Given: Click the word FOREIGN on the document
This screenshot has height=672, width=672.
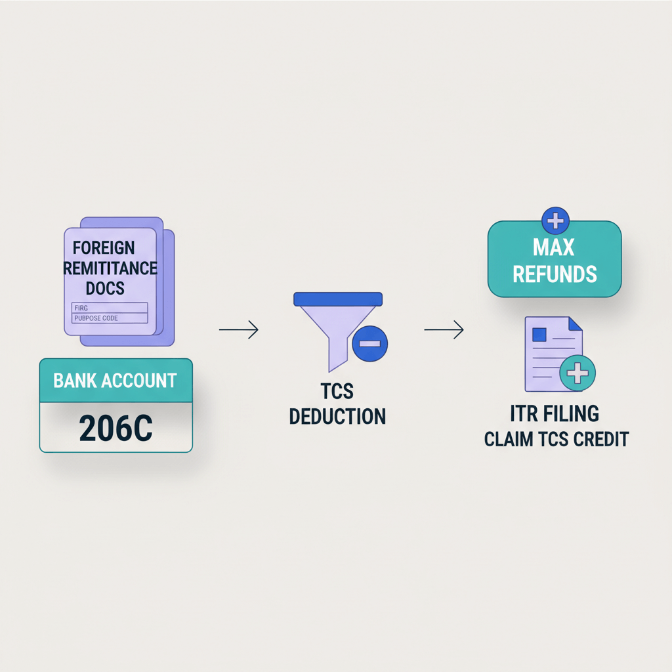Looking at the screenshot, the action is click(x=104, y=248).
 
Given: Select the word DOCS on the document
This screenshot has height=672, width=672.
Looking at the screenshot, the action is click(x=105, y=288).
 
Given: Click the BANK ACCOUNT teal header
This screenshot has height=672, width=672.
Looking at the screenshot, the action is click(x=115, y=381).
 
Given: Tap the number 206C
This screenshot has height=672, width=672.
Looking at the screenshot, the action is click(x=115, y=427).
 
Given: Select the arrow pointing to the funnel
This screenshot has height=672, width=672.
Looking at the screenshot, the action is click(x=239, y=330).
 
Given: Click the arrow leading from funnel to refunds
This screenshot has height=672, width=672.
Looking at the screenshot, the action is click(x=444, y=330).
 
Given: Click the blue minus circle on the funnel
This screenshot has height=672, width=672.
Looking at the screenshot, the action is click(x=369, y=344).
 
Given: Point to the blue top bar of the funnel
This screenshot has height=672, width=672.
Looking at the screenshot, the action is click(x=337, y=299).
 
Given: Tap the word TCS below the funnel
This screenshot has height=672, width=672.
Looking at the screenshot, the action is click(x=337, y=392).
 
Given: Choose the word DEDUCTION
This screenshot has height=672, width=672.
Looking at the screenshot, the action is click(x=337, y=416).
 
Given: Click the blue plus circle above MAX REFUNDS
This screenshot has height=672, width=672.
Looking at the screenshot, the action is click(x=555, y=220).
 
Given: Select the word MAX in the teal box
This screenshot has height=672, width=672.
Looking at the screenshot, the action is click(x=555, y=248).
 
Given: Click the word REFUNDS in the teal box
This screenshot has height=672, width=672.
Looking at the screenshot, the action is click(x=555, y=274).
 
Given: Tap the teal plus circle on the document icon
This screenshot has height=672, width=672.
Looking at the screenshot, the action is click(x=577, y=374).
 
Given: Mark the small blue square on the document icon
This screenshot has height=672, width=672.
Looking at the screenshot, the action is click(x=539, y=335).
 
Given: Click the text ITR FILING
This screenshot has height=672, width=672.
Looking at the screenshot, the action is click(x=555, y=415).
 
